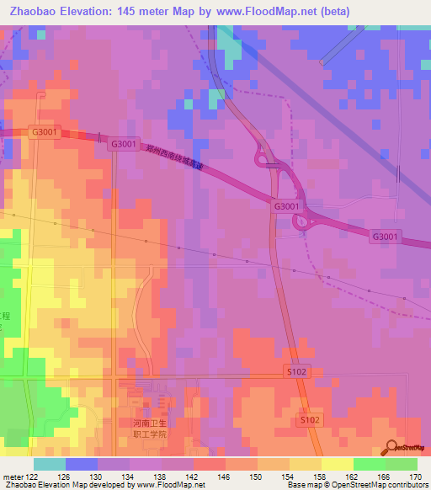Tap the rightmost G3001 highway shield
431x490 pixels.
(x=386, y=237)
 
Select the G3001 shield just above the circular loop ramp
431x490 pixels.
(x=286, y=205)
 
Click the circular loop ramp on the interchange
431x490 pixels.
(x=301, y=221)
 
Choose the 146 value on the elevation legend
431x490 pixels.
(x=226, y=476)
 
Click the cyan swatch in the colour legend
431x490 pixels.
(x=50, y=464)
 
